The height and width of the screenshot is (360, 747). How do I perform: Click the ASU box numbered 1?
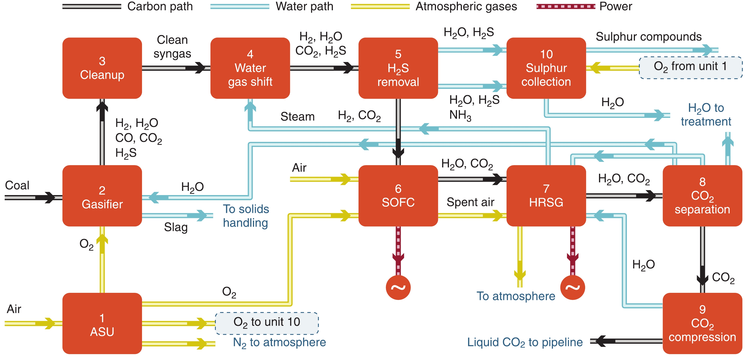click(x=102, y=323)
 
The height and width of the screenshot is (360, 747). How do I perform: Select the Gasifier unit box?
click(x=102, y=196)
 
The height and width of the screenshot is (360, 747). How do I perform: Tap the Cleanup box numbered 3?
click(x=102, y=68)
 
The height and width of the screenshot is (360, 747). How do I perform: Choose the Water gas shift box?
click(x=250, y=68)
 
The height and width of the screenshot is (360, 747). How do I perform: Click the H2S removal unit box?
click(x=398, y=68)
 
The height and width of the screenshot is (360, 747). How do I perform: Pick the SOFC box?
click(x=398, y=196)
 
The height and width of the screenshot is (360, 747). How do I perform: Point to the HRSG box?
click(x=546, y=196)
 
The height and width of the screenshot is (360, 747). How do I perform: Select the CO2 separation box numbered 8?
click(x=702, y=196)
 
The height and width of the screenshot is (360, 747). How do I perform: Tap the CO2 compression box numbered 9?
click(x=702, y=323)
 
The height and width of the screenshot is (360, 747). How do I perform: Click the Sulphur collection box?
click(x=546, y=68)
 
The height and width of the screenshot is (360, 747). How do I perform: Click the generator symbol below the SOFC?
click(x=398, y=287)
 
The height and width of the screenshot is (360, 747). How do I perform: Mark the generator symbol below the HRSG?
click(x=572, y=287)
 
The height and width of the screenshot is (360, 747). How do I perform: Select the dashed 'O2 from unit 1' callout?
click(x=691, y=68)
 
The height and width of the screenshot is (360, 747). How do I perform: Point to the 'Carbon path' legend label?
click(x=160, y=6)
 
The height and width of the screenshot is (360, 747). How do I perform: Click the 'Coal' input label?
click(x=17, y=185)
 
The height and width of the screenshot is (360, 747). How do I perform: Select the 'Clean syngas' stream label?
click(x=172, y=47)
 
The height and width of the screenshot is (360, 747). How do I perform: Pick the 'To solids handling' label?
click(x=246, y=216)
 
